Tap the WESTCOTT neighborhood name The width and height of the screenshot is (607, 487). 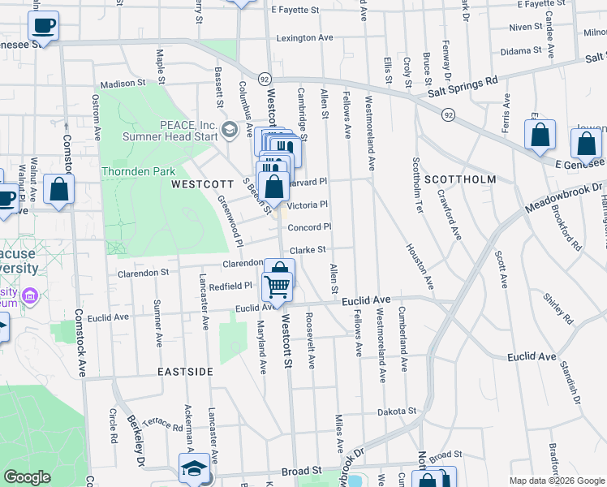pos(203,184)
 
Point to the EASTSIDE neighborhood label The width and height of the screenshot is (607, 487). pos(186,371)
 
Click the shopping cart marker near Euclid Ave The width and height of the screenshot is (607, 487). pos(278,287)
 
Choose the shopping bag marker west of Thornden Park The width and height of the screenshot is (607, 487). pos(59,192)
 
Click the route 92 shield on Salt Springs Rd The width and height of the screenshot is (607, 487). pos(448,115)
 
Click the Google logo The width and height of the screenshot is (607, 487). pos(27,477)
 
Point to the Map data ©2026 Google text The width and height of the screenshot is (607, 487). pos(554,480)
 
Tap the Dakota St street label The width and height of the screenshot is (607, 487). pos(397,412)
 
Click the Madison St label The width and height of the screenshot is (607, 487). pos(122,84)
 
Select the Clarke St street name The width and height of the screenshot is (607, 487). pos(308,250)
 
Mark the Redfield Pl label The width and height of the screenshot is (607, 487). pos(231,286)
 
